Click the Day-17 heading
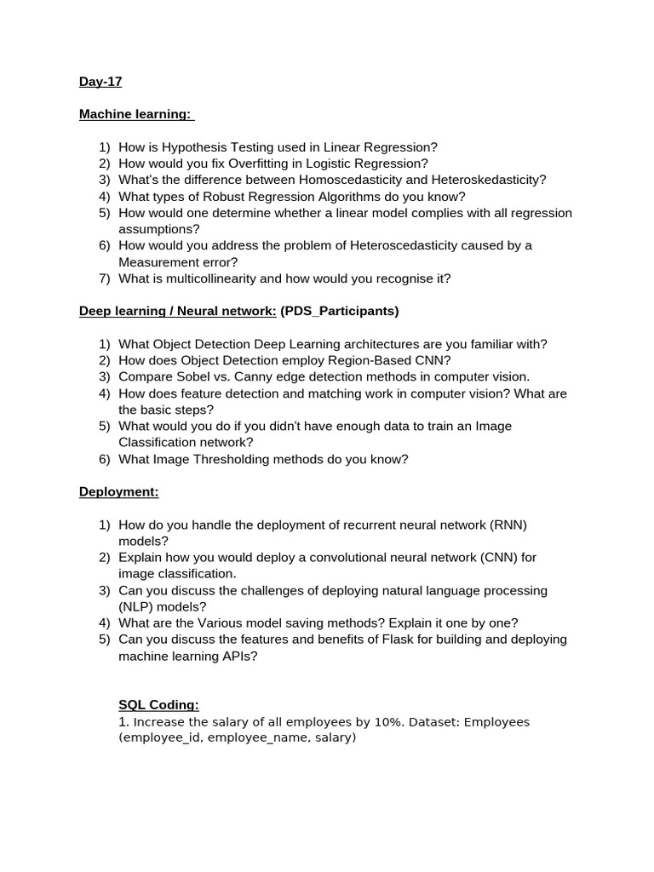[x=100, y=82]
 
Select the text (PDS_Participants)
[x=339, y=312]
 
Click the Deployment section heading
[x=119, y=492]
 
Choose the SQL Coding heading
[x=158, y=705]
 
